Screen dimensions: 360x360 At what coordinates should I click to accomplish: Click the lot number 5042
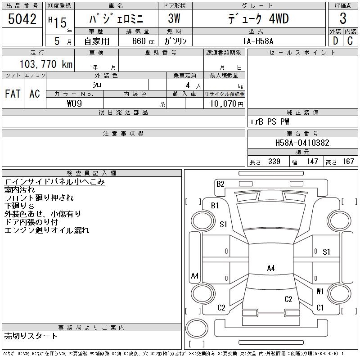point(22,19)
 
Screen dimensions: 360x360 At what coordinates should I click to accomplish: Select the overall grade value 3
point(343,18)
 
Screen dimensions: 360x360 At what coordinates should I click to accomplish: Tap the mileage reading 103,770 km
point(46,64)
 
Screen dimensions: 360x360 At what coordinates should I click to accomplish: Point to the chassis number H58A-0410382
point(302,143)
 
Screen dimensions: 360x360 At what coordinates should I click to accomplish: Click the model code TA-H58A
point(258,41)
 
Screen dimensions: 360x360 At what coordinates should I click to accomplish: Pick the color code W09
point(74,103)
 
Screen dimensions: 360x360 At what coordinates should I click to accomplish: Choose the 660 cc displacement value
point(143,41)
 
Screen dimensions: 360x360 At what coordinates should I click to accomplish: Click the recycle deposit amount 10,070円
point(227,104)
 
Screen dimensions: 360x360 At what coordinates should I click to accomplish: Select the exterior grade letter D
point(335,41)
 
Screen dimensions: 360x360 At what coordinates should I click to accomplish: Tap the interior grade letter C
point(350,41)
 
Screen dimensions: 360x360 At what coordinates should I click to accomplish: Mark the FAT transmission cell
point(13,94)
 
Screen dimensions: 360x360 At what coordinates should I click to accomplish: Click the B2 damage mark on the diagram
point(220,184)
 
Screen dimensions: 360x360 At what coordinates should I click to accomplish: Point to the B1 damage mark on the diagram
point(215,206)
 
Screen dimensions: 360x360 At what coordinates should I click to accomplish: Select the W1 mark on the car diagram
point(320,291)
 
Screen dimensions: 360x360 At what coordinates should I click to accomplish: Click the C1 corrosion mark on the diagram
point(320,307)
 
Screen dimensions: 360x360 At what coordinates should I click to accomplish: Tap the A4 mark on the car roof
point(271,268)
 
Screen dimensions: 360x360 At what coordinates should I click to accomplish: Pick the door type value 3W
point(174,18)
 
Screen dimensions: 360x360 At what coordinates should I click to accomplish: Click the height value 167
point(348,162)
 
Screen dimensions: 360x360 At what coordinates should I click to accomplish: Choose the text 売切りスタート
point(31,336)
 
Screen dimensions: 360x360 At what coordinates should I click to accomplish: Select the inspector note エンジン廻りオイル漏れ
point(47,230)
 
